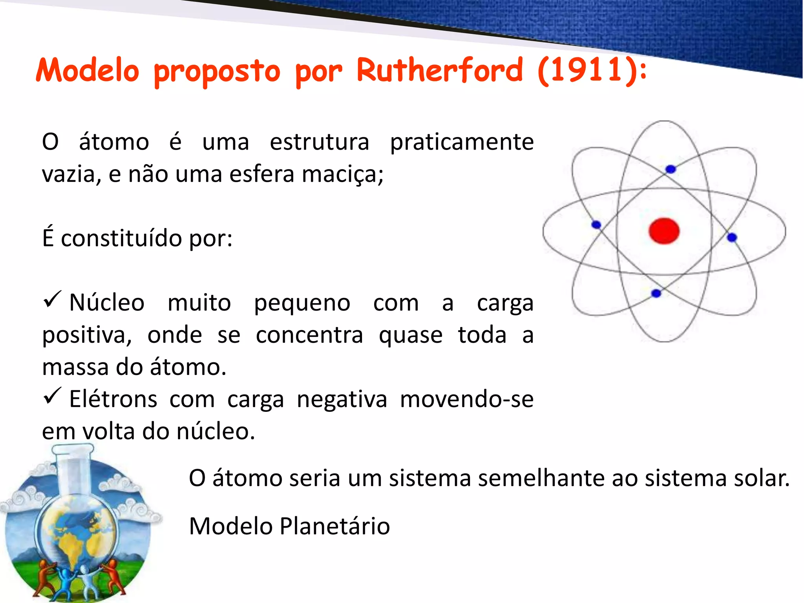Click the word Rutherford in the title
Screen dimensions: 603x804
pyautogui.click(x=440, y=71)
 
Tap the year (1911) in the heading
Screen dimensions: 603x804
pyautogui.click(x=587, y=71)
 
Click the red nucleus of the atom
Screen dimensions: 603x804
pyautogui.click(x=664, y=231)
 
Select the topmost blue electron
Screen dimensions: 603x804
pyautogui.click(x=671, y=169)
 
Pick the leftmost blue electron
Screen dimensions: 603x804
pyautogui.click(x=596, y=225)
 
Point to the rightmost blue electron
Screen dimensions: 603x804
pyautogui.click(x=732, y=237)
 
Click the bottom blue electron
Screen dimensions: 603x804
pyautogui.click(x=656, y=293)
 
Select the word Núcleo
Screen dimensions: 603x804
pyautogui.click(x=107, y=303)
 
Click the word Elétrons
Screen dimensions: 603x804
pyautogui.click(x=113, y=399)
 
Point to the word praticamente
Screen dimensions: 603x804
pyautogui.click(x=462, y=142)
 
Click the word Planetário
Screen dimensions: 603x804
pyautogui.click(x=334, y=526)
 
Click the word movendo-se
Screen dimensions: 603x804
pyautogui.click(x=466, y=399)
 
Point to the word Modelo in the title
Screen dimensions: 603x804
pyautogui.click(x=88, y=71)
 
